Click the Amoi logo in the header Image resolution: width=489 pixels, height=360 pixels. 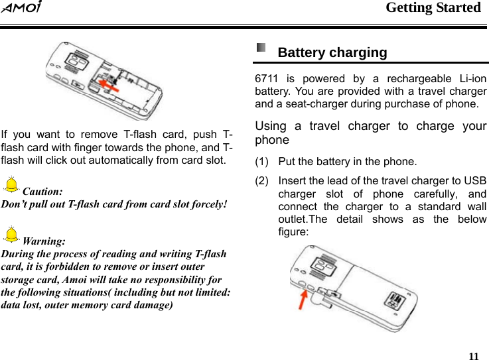pos(22,8)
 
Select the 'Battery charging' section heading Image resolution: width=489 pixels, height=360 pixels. pos(332,52)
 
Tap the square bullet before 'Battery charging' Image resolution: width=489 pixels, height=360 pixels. pos(261,48)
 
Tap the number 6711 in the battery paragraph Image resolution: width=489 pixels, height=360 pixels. pos(267,79)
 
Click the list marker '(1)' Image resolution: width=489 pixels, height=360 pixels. pos(263,161)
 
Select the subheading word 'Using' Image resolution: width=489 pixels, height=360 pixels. pos(271,126)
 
